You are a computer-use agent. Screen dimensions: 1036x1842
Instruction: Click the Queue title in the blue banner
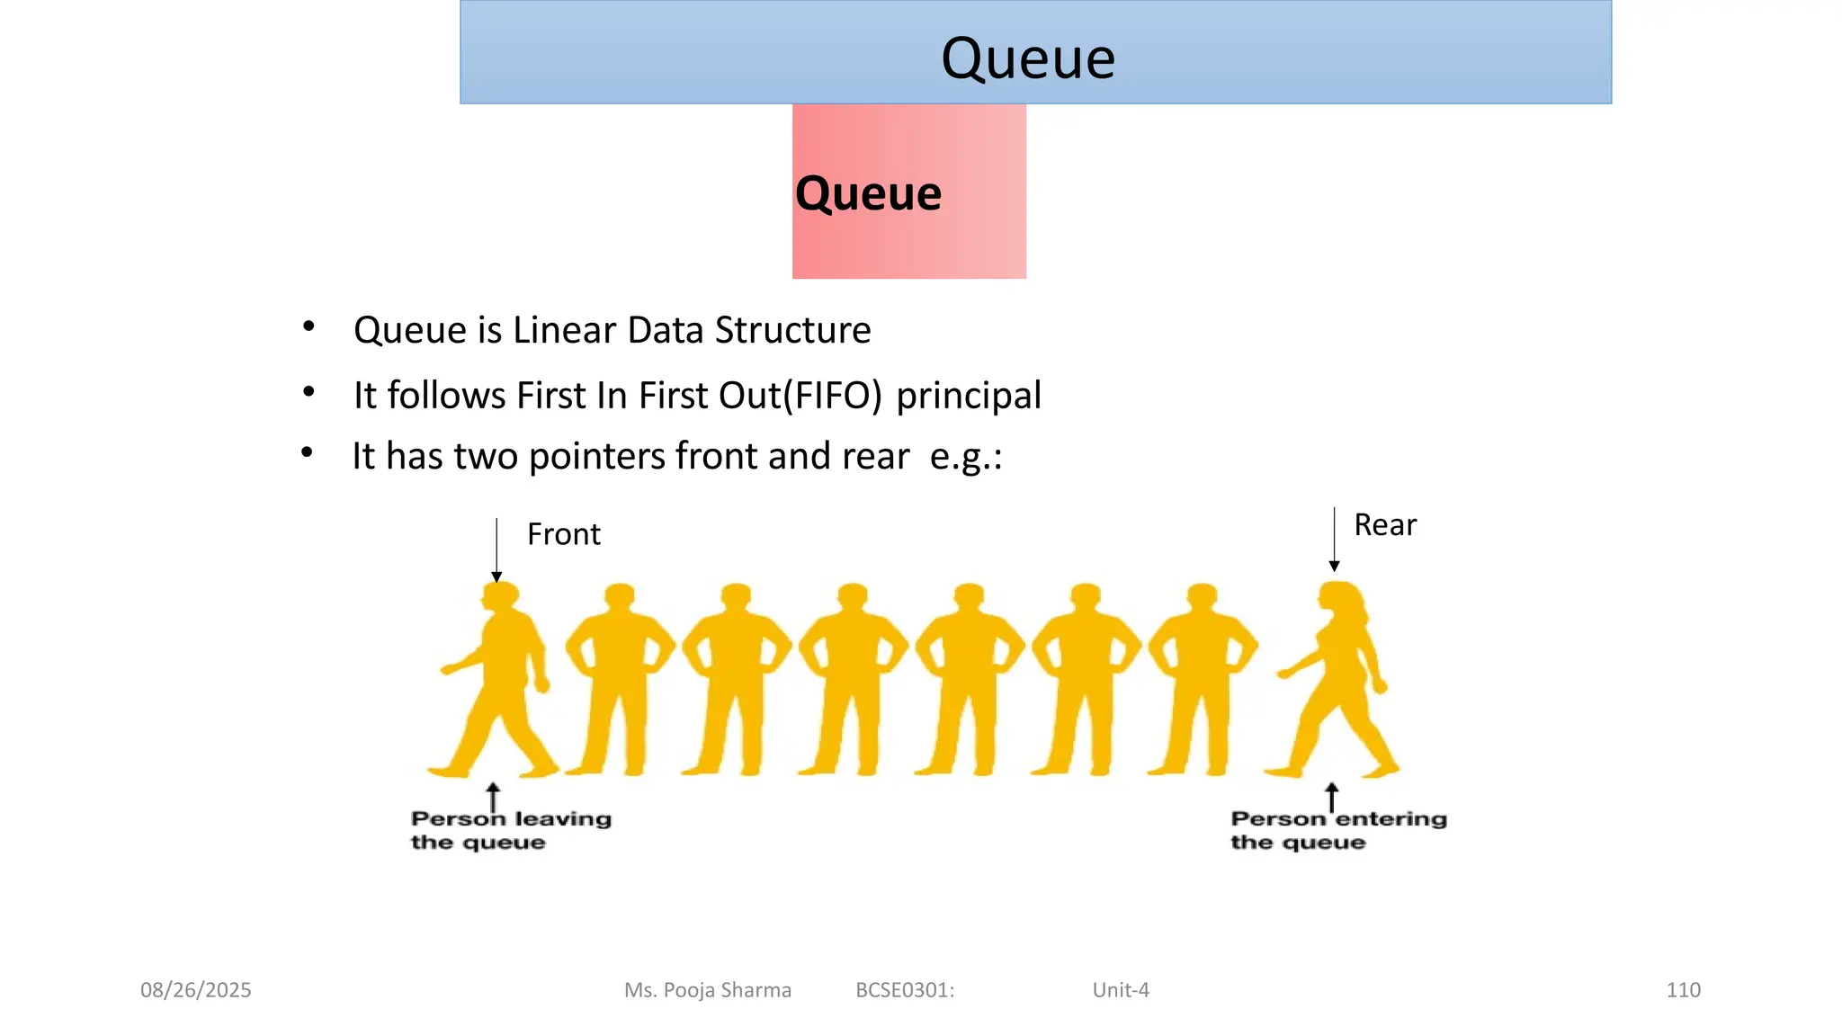pos(1028,58)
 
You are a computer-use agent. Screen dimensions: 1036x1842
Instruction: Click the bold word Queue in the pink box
pos(868,193)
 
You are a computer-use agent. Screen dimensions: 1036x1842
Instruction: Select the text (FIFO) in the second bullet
pos(833,396)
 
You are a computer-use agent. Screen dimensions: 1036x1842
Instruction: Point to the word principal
pos(969,396)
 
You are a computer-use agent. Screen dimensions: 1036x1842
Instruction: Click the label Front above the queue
pos(563,534)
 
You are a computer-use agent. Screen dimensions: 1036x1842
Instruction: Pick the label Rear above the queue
pos(1384,525)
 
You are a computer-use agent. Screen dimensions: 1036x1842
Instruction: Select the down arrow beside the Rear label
pos(1334,540)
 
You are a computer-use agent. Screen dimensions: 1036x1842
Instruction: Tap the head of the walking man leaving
pos(500,596)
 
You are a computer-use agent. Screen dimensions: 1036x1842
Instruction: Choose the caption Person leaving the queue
pos(510,830)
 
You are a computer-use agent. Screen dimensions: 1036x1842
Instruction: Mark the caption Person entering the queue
pos(1337,830)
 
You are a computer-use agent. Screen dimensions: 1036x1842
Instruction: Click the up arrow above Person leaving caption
pos(493,796)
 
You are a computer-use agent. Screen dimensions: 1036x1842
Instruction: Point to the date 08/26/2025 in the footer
pos(195,990)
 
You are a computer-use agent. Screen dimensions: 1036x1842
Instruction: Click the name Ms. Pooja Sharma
pos(708,990)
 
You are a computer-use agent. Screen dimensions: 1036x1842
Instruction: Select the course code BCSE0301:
pos(905,990)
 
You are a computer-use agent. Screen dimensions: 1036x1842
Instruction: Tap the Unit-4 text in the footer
pos(1121,990)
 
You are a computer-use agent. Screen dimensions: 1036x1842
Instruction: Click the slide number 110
pos(1683,990)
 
